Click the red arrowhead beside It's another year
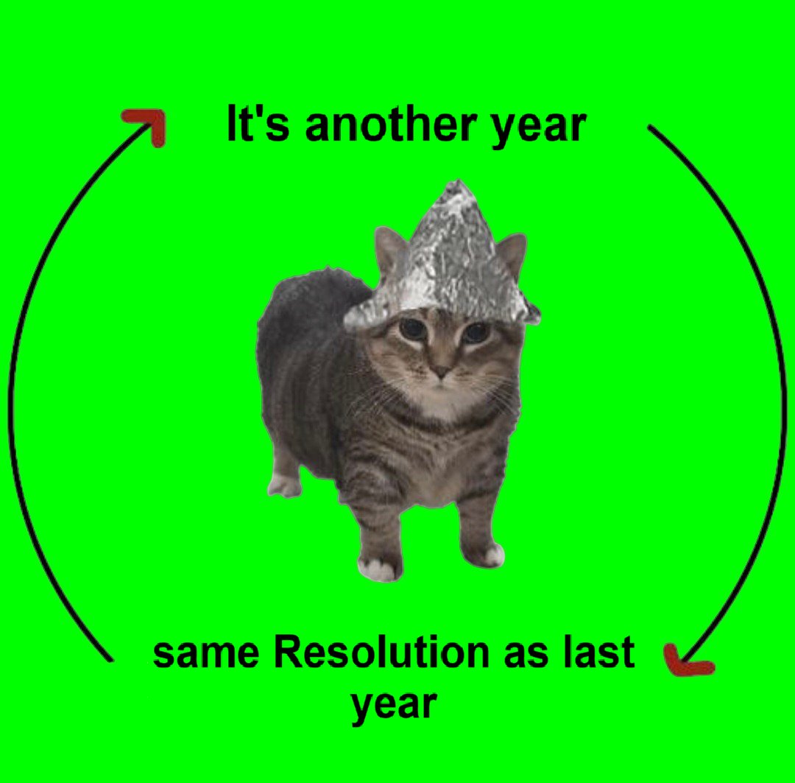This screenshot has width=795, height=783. (x=148, y=124)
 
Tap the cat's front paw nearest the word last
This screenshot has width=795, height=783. (x=487, y=552)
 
